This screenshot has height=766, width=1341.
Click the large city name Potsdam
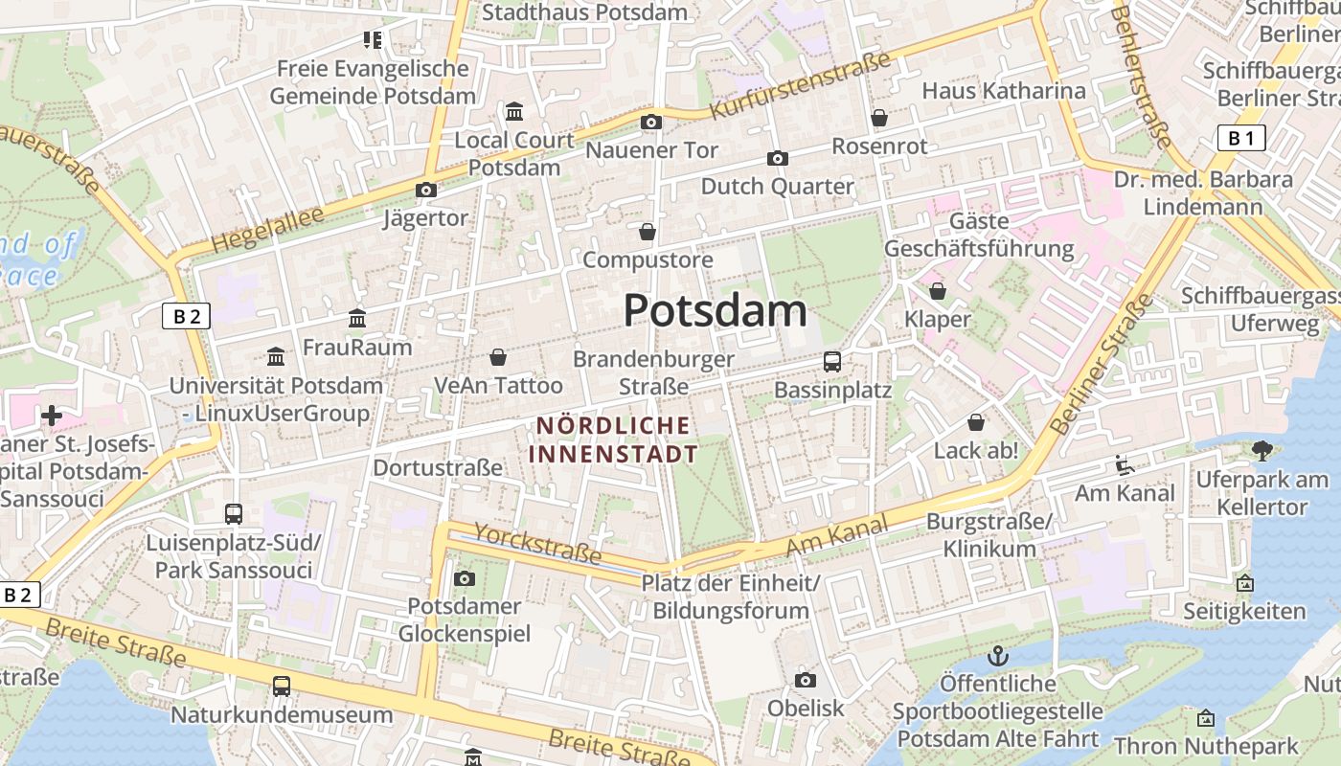(x=715, y=311)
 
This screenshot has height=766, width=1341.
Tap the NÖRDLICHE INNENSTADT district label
(x=613, y=439)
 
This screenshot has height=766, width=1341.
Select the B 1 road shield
(x=1241, y=138)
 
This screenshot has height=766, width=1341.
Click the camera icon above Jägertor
(x=426, y=191)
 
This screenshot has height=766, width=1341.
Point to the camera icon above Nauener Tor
(x=651, y=122)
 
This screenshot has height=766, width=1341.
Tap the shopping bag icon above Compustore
(x=648, y=232)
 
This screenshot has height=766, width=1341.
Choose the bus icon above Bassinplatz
(x=832, y=362)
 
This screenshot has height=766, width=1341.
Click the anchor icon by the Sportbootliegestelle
(x=998, y=657)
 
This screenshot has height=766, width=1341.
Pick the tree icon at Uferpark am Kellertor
(x=1261, y=450)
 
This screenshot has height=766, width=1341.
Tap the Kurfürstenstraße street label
(x=800, y=86)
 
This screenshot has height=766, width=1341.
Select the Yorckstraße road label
(x=537, y=543)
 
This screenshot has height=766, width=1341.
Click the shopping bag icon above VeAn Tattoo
(x=498, y=358)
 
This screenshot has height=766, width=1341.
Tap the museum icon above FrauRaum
(x=357, y=318)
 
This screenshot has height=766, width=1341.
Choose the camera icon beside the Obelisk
(x=806, y=680)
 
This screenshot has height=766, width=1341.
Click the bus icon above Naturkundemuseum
(x=281, y=686)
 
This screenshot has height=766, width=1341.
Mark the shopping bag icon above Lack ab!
(x=976, y=422)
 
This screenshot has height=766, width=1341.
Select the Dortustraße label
(x=438, y=467)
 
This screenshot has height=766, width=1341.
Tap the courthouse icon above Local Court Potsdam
(x=514, y=112)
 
